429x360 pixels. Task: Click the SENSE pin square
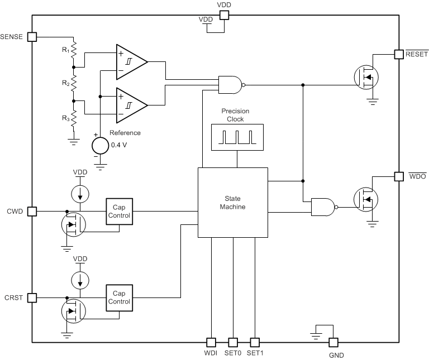tap(32, 37)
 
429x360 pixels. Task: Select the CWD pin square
tap(32, 212)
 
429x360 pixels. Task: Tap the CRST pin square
tap(32, 297)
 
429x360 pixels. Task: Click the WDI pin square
tap(211, 342)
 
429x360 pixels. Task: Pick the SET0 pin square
tap(233, 342)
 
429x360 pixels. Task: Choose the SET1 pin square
tap(255, 342)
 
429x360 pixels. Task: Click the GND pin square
tap(333, 342)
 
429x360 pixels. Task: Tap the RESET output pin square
tap(399, 54)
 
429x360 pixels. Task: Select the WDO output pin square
tap(399, 176)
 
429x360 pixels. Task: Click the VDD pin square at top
tap(223, 16)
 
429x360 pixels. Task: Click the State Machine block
tap(233, 202)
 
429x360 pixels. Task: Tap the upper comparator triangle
tap(130, 61)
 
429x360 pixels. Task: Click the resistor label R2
tap(65, 83)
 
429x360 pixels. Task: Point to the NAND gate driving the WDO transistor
tap(323, 207)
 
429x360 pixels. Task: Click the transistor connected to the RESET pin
tap(366, 76)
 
